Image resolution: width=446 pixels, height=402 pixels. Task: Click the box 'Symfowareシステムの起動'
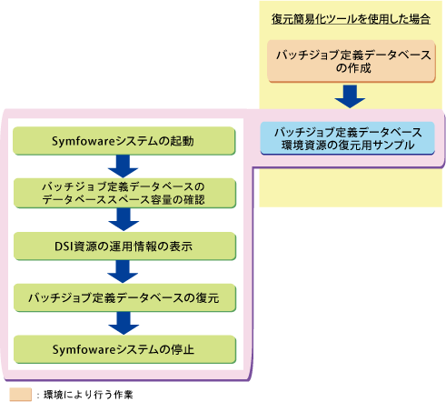tap(124, 141)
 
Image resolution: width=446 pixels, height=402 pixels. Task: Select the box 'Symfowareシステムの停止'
tap(124, 349)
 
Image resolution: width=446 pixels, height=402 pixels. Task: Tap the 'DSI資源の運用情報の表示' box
tap(124, 246)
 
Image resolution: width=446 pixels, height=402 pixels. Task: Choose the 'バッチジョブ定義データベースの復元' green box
tap(124, 297)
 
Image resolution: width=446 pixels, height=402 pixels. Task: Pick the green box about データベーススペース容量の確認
tap(124, 193)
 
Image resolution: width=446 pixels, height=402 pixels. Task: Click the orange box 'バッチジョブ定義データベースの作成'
tap(352, 62)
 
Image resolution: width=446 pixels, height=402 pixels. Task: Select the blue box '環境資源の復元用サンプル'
tap(348, 138)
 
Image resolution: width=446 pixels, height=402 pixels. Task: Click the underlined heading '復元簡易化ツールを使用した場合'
tap(351, 19)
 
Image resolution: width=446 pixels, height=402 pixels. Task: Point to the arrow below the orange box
tap(350, 96)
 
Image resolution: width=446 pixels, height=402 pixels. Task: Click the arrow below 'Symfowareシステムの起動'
tap(123, 166)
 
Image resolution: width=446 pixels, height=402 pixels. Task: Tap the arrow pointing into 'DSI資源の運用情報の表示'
tap(124, 220)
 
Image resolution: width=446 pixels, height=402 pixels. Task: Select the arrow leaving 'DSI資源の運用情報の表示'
tap(123, 272)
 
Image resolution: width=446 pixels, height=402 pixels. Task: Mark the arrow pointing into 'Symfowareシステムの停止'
tap(124, 324)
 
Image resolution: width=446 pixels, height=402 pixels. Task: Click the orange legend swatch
tap(21, 395)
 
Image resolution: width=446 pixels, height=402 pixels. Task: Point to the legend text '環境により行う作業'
tap(88, 395)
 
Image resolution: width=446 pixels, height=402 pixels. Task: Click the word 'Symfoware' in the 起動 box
tap(84, 142)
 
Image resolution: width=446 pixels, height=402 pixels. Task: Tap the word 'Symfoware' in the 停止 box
tap(84, 350)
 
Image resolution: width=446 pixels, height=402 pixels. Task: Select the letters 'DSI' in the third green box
tap(64, 246)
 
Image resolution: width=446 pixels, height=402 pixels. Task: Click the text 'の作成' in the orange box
tap(353, 68)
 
